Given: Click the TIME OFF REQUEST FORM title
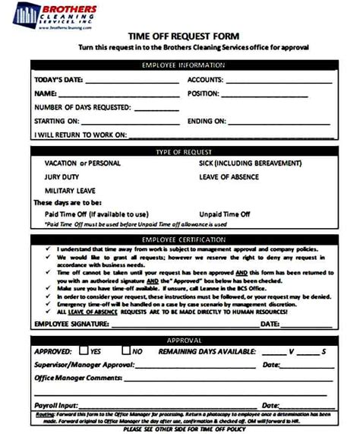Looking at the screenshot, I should pos(180,35).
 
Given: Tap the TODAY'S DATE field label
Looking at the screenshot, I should pos(59,80).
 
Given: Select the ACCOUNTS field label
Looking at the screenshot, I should pos(205,80).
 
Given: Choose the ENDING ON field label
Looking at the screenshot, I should pos(207,121).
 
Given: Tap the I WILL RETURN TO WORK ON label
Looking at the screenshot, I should pos(81,135).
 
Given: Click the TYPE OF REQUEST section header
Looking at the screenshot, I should pos(181,152).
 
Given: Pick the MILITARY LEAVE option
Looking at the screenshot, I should pos(70,190).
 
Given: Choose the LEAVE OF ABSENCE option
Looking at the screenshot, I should pos(229,176).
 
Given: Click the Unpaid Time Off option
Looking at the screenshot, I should pos(224,214).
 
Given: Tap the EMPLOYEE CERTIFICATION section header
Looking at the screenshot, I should pos(181,240).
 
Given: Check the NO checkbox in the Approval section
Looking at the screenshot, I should pos(126,351).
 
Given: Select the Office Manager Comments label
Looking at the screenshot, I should pos(79,378).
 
